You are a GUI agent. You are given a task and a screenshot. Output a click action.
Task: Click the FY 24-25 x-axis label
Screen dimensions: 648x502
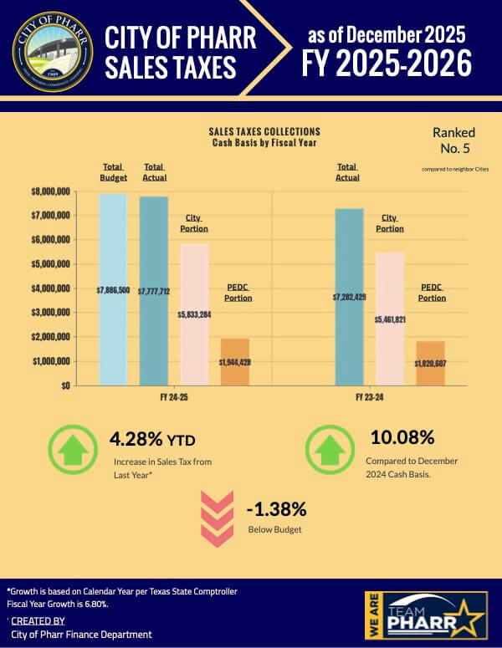(174, 396)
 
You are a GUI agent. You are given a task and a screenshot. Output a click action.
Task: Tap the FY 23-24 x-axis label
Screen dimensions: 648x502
(369, 396)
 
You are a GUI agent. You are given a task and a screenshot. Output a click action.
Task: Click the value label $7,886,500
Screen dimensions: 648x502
(113, 290)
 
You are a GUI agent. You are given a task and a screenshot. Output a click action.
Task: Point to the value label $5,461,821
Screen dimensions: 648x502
(390, 319)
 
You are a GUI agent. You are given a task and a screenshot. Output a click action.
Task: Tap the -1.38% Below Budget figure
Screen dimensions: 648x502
(277, 509)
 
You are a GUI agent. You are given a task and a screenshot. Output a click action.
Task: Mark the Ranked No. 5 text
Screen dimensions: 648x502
(453, 140)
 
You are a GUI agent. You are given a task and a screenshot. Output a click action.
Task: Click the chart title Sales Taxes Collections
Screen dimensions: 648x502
(264, 132)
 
